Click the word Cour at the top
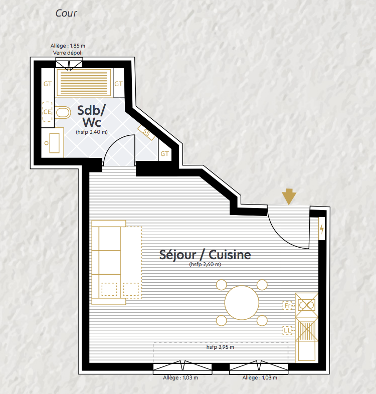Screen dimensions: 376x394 point(66,14)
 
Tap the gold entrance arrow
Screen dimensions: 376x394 point(289,196)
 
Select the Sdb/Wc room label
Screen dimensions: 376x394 point(91,116)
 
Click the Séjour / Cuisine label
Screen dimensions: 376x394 point(205,255)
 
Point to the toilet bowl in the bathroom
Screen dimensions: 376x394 point(63,113)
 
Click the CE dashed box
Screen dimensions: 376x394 point(47,112)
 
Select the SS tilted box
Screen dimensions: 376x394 point(146,132)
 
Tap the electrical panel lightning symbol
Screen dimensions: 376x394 point(322,229)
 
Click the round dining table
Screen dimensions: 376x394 point(242,303)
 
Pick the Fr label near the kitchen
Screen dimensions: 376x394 point(288,306)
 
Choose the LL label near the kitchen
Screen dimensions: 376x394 point(288,330)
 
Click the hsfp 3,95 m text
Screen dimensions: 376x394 point(220,347)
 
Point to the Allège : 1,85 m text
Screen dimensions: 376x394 point(68,46)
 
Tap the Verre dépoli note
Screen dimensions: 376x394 point(68,53)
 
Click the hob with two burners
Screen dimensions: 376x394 point(307,305)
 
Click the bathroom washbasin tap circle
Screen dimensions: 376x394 point(47,143)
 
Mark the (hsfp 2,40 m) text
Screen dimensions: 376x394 point(92,132)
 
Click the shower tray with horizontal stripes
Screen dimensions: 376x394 point(84,83)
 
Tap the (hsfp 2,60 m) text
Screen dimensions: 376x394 point(205,264)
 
